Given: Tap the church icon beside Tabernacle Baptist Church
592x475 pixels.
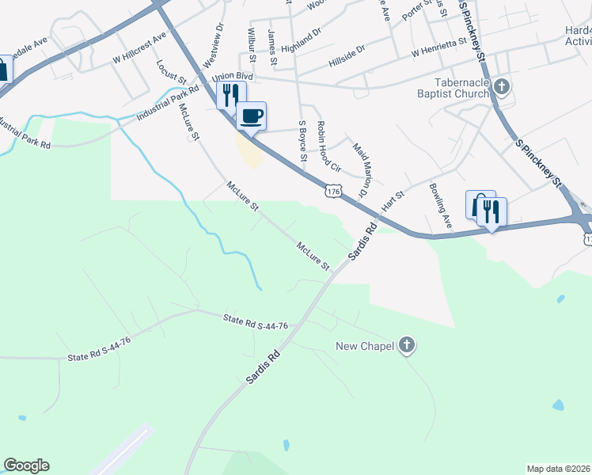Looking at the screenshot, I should pos(502,86).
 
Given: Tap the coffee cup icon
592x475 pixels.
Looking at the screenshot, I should pos(252,116).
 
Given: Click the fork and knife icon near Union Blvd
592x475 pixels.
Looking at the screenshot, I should pos(230,94).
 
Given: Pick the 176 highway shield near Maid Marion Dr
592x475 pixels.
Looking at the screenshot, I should pos(333,191).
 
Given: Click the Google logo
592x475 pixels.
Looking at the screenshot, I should pos(26,465).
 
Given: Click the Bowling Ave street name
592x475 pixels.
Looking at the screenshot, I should pos(440,207).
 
